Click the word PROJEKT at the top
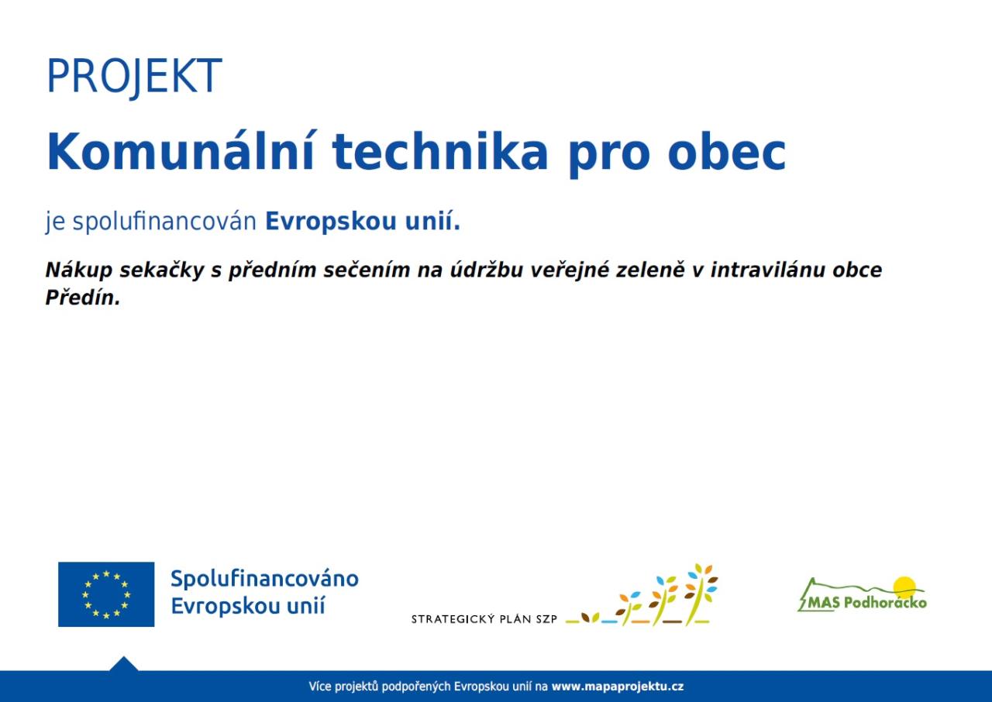134,76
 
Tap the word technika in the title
439,151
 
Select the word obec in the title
726,151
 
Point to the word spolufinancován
164,222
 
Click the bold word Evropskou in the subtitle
330,222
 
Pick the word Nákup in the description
79,270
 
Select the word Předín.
83,298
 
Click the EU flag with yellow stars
106,594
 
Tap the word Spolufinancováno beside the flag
264,579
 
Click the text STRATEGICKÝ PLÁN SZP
484,619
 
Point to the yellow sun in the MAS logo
904,587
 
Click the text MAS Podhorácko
867,602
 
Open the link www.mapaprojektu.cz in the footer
618,687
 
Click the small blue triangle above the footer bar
123,663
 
